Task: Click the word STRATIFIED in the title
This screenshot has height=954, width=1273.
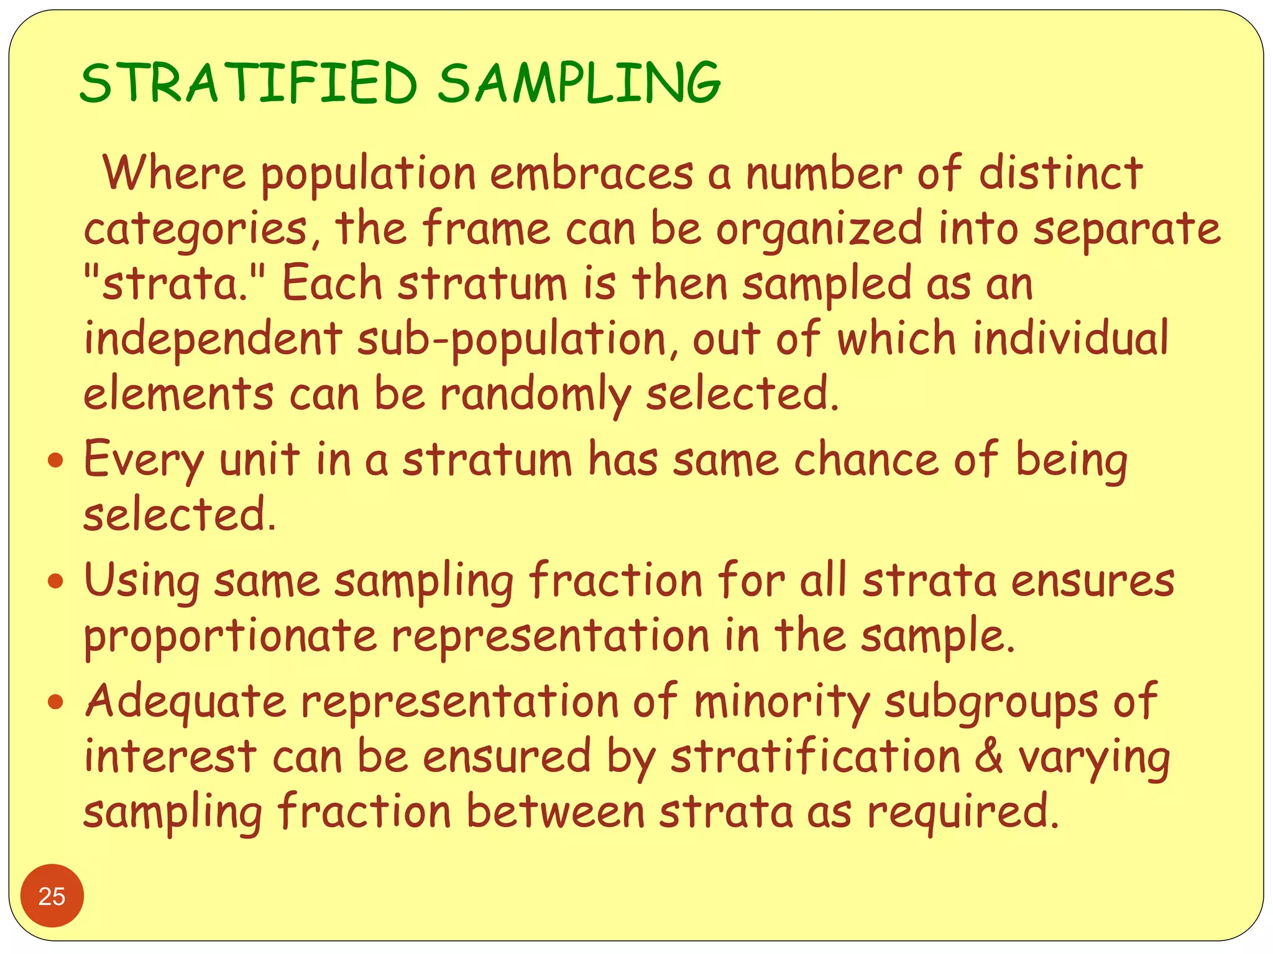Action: pos(249,83)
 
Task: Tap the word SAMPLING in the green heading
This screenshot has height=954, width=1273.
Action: pos(579,83)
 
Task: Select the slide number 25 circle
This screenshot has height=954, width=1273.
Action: pos(52,896)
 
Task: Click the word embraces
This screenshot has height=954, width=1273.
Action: pos(591,173)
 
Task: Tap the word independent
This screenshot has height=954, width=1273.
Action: pos(213,339)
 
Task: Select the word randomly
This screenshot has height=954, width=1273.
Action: pos(536,395)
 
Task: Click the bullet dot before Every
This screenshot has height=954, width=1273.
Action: pos(56,461)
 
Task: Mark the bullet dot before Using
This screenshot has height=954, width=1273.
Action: pos(56,582)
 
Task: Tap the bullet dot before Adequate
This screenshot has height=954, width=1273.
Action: pos(56,702)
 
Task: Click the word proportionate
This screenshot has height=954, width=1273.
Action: pos(231,637)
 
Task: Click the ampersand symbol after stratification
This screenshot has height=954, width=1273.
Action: pos(988,756)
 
